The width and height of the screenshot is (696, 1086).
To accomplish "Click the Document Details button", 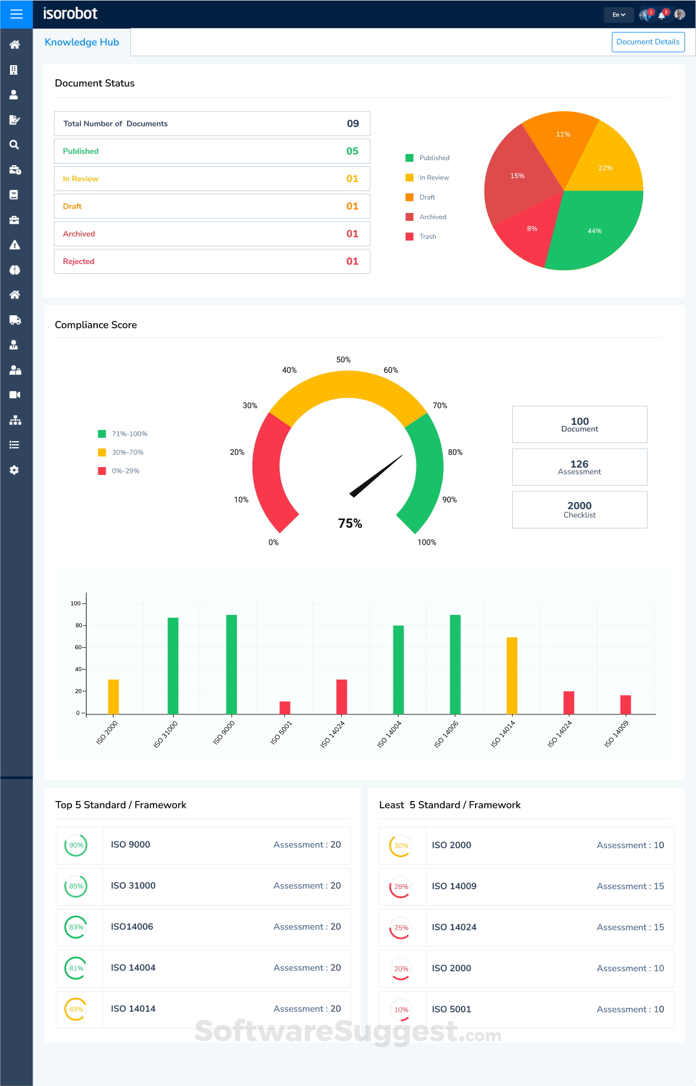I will [x=648, y=42].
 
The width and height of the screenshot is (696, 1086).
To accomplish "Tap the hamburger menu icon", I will [x=16, y=14].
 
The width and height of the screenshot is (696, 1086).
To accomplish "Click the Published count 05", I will [x=352, y=151].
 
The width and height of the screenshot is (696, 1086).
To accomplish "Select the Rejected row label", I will [x=79, y=261].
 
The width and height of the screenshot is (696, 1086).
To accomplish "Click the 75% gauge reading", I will [x=350, y=523].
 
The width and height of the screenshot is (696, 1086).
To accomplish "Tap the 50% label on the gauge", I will [x=344, y=360].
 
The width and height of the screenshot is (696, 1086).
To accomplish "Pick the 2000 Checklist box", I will [x=580, y=510].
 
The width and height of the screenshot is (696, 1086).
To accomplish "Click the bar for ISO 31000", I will [x=173, y=666].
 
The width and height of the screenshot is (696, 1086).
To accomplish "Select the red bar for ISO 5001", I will [x=285, y=708].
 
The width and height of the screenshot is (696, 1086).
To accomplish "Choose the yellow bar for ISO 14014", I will [x=512, y=676].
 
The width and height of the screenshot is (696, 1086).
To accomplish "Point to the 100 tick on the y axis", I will [x=76, y=604].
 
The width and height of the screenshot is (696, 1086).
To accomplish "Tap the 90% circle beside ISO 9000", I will [x=76, y=845].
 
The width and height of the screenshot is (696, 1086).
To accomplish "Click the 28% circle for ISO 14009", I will [x=401, y=887].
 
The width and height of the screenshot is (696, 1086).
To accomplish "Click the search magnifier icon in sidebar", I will [x=15, y=144].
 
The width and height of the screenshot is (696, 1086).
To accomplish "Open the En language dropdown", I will [x=618, y=15].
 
